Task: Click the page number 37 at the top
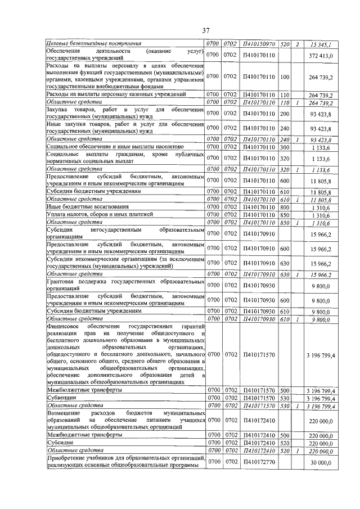coord(206,30)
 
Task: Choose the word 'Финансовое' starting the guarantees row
coord(64,326)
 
